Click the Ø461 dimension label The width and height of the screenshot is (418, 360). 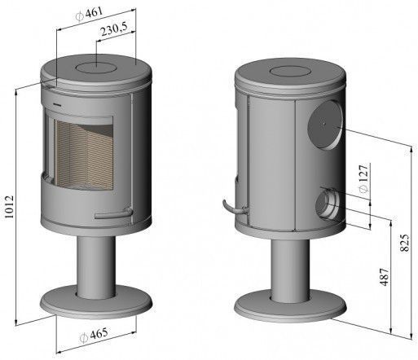(90, 14)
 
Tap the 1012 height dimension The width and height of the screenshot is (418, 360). (9, 207)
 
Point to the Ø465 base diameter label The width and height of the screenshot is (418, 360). (95, 335)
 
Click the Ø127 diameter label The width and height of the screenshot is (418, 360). (364, 178)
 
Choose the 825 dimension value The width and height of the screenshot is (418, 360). (405, 243)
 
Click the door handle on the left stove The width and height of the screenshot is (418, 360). (114, 213)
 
